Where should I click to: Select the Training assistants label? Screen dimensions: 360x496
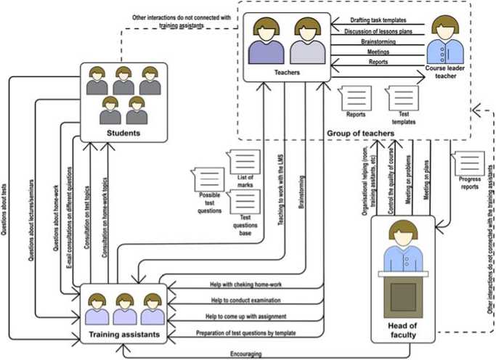[x=124, y=335]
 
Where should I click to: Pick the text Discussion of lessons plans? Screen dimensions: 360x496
[x=378, y=30]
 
